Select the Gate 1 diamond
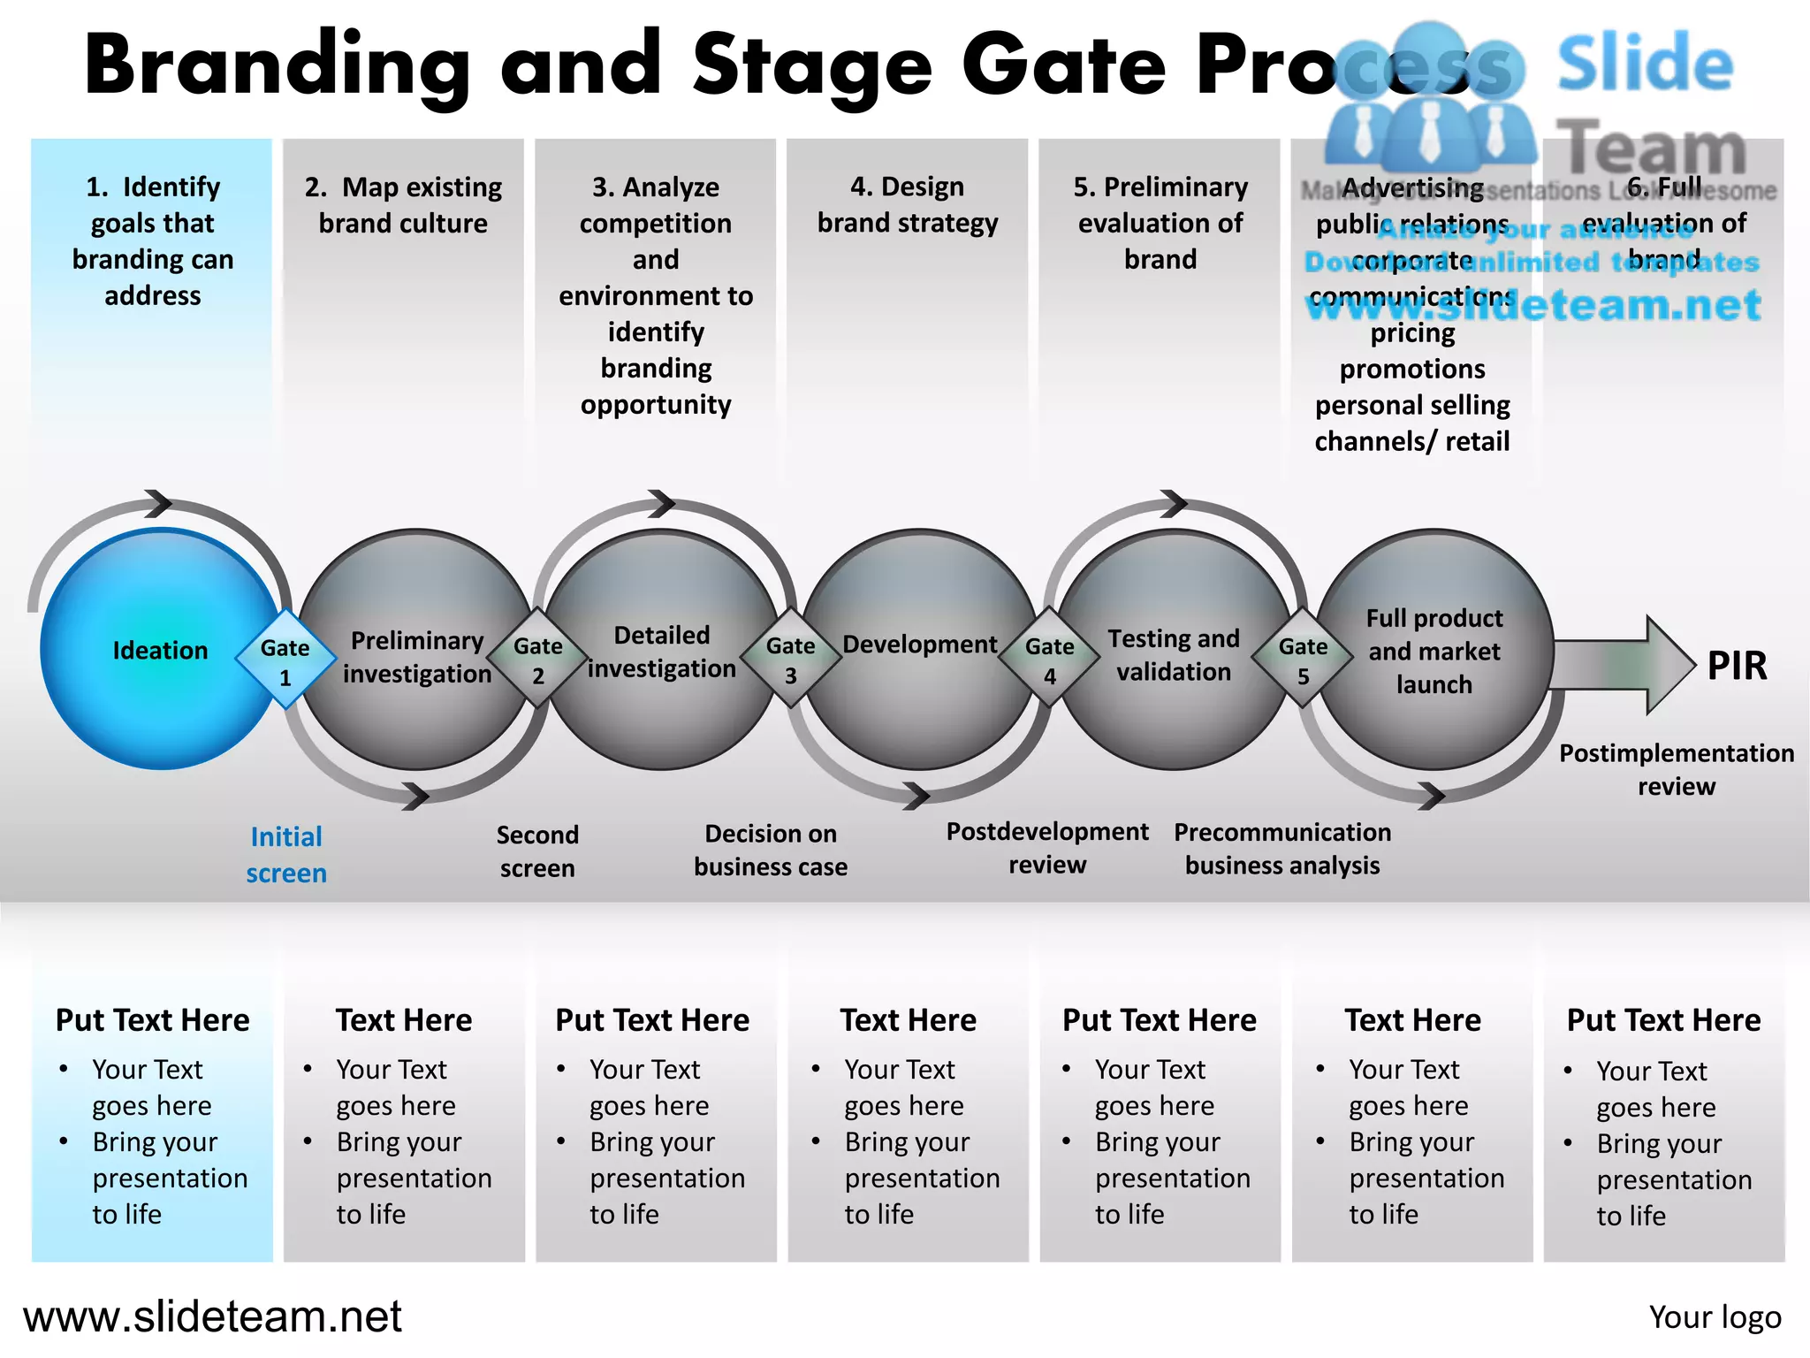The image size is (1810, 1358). pos(285,660)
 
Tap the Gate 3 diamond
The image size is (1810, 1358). pos(790,660)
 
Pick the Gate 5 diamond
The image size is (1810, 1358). pos(1303,660)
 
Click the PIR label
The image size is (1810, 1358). pos(1737,666)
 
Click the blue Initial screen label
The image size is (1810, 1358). pos(286,854)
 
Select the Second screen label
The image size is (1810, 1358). pos(537,851)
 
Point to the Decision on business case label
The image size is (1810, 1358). pos(770,850)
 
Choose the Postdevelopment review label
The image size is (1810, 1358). pos(1047,848)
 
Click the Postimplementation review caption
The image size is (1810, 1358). pos(1676,769)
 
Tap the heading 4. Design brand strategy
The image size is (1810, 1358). pos(908,204)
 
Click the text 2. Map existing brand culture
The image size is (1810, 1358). pos(403,204)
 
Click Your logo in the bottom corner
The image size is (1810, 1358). pos(1715,1317)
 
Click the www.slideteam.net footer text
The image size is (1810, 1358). pos(212,1316)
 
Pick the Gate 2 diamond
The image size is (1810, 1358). pos(537,660)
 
